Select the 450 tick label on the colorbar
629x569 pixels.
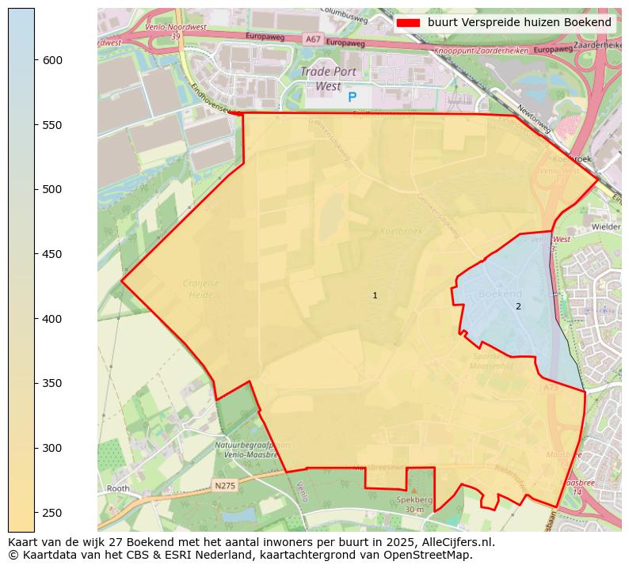52,254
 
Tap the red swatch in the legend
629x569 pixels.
407,22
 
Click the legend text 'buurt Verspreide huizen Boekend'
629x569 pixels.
519,22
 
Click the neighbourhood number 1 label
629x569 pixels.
375,296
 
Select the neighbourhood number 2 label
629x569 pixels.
518,306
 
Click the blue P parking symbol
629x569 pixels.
353,97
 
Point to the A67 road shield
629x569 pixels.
313,39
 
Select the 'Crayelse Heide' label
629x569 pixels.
200,289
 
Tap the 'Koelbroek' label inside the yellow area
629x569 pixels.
402,232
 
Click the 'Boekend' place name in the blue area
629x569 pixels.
500,294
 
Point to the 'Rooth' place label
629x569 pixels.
118,488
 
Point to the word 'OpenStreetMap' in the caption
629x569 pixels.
433,555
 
